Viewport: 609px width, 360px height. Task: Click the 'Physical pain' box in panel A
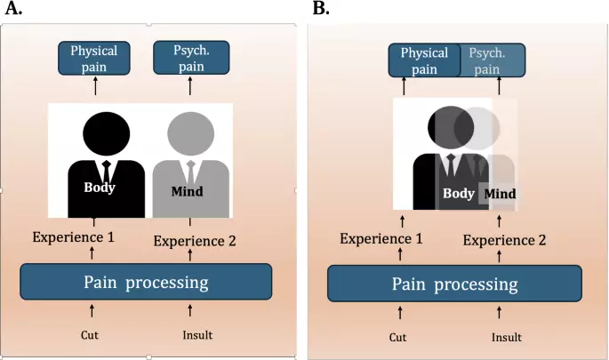tap(94, 59)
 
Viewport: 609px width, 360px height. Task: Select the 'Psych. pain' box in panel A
tap(191, 58)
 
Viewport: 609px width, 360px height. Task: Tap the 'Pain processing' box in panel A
tap(146, 282)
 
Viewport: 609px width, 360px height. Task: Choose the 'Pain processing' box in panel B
tap(454, 284)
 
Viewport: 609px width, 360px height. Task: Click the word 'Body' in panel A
tap(100, 188)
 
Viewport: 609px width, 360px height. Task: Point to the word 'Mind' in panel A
tap(188, 191)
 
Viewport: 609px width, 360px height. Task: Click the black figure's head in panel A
tap(107, 134)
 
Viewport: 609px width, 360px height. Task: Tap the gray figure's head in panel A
tap(190, 134)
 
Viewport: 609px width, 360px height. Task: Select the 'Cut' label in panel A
tap(89, 335)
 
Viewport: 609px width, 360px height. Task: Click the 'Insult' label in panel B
tap(507, 337)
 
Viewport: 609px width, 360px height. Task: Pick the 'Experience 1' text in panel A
tap(74, 237)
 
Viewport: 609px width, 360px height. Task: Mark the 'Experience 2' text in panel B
tap(504, 240)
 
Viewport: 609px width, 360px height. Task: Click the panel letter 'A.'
tap(13, 8)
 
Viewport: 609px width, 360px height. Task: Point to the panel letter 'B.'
tap(321, 8)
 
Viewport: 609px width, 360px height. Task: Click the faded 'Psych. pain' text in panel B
tap(487, 61)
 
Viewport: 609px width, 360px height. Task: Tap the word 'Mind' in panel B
tap(500, 194)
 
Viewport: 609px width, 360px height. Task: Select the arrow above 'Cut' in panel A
tap(92, 311)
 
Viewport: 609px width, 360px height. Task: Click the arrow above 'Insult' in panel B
tap(499, 313)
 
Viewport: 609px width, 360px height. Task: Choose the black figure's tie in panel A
tap(107, 172)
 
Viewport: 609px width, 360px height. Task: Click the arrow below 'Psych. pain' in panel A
tap(190, 86)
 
